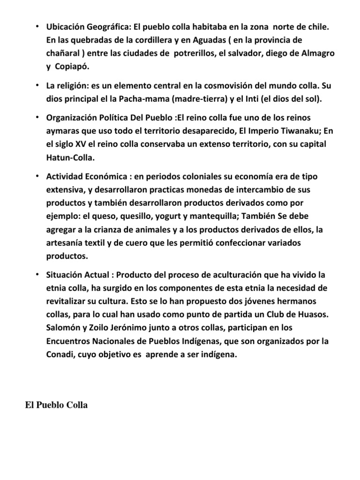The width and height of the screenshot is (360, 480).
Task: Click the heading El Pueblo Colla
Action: click(x=56, y=405)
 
